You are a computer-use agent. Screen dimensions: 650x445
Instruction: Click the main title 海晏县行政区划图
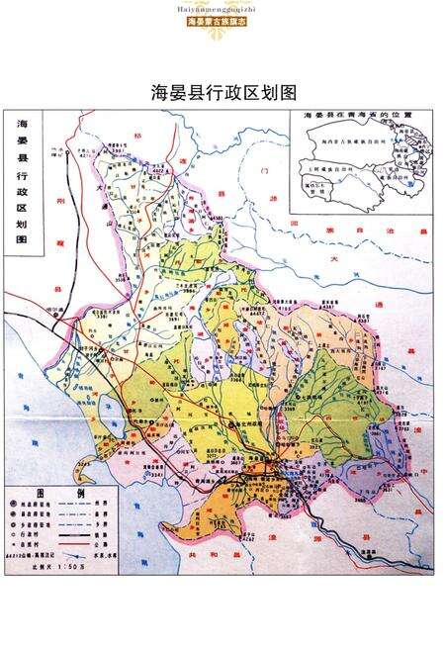pos(222,92)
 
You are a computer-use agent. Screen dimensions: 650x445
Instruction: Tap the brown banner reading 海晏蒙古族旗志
pos(222,20)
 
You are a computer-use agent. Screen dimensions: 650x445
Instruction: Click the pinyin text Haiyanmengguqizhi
pos(222,8)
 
